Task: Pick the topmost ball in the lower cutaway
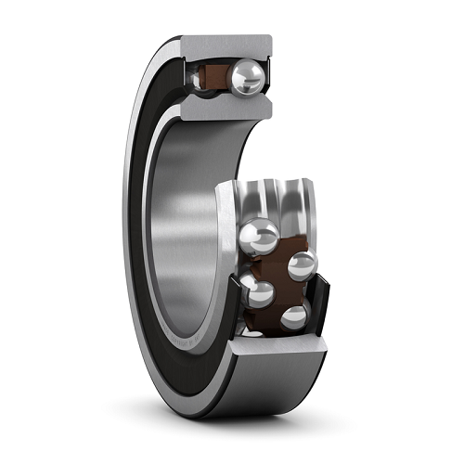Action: point(260,235)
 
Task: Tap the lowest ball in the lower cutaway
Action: point(293,318)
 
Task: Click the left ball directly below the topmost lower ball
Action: point(257,292)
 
